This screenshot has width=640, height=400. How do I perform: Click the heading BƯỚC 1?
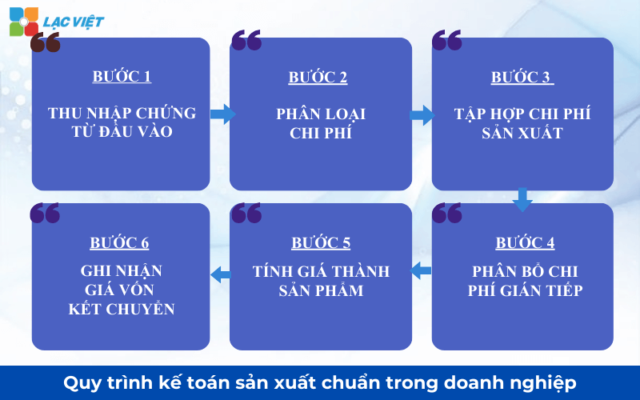pyautogui.click(x=122, y=77)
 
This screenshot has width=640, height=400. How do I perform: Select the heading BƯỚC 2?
pyautogui.click(x=318, y=78)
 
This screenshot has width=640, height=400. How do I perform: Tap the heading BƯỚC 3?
pyautogui.click(x=522, y=78)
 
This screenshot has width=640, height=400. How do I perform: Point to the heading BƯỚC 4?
pyautogui.click(x=525, y=243)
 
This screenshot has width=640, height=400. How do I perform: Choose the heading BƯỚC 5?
pyautogui.click(x=321, y=243)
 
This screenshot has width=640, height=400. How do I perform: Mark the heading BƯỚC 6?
pyautogui.click(x=120, y=243)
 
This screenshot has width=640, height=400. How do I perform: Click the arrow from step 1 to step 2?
pyautogui.click(x=222, y=114)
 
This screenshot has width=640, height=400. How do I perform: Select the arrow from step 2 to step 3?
pyautogui.click(x=422, y=115)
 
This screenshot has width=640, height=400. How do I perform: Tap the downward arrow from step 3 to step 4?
pyautogui.click(x=522, y=199)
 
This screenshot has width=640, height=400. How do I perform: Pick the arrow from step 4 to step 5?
pyautogui.click(x=421, y=271)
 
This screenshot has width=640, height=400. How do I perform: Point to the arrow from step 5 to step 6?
pyautogui.click(x=221, y=275)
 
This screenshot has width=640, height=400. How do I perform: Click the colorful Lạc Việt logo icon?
pyautogui.click(x=23, y=21)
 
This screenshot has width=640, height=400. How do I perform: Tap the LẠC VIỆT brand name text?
pyautogui.click(x=74, y=22)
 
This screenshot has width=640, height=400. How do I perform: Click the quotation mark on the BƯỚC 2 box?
pyautogui.click(x=246, y=40)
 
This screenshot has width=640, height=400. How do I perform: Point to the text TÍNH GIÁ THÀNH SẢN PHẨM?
pyautogui.click(x=321, y=281)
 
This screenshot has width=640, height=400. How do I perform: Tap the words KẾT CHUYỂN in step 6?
pyautogui.click(x=122, y=309)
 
